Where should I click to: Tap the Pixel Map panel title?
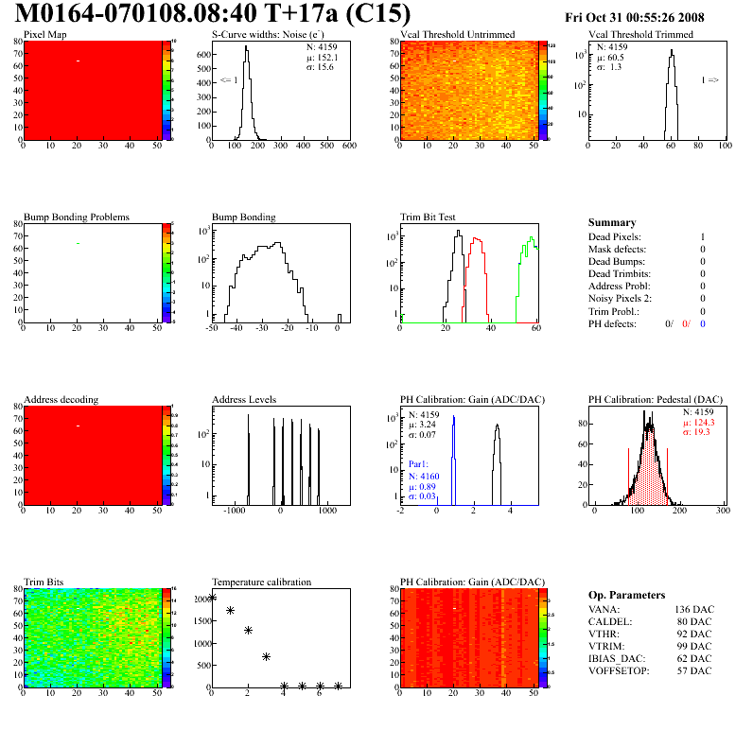point(45,35)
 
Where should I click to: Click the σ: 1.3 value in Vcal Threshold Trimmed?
point(608,67)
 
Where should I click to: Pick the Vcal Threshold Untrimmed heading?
point(458,35)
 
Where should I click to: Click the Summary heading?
point(612,222)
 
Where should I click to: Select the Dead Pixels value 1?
point(702,237)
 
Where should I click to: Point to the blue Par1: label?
point(420,465)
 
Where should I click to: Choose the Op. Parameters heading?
point(626,595)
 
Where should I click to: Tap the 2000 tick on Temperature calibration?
point(200,600)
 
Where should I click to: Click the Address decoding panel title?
point(61,400)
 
